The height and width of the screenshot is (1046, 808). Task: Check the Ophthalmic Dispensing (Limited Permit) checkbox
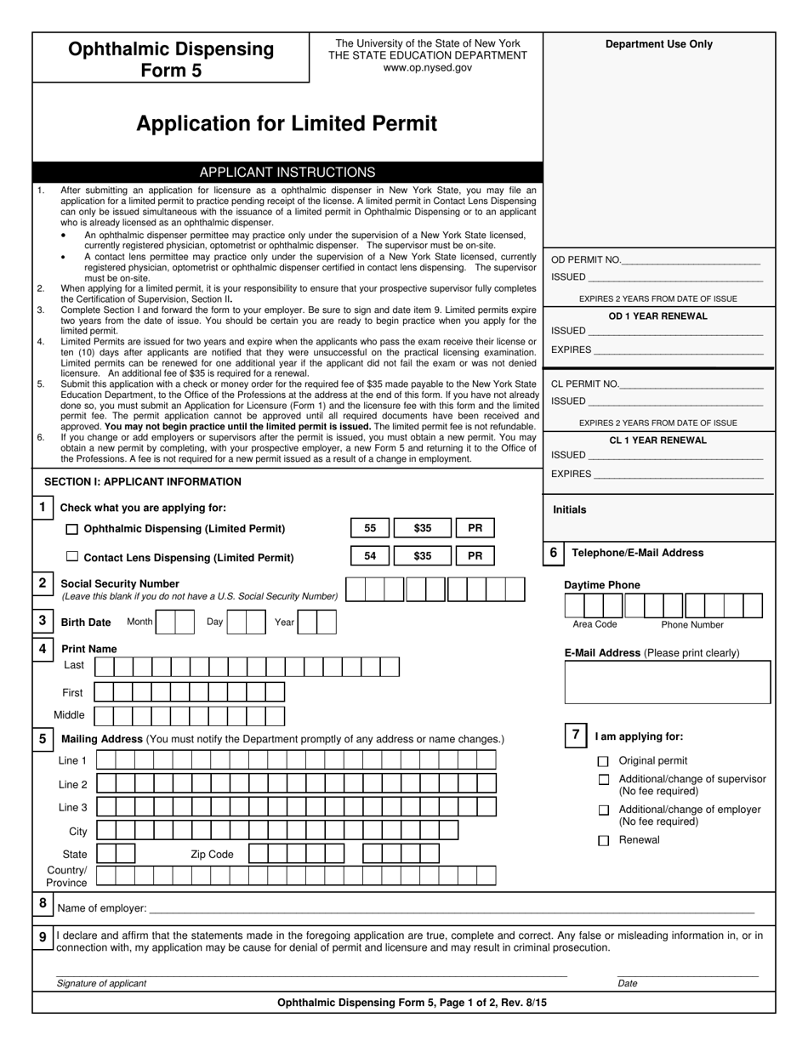point(72,529)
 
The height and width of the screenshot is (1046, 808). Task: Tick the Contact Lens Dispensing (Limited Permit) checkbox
point(72,557)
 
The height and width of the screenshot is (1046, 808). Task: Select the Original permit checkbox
point(603,761)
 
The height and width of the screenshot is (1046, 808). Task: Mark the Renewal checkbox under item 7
point(603,840)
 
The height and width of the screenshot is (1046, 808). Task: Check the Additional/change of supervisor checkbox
point(603,780)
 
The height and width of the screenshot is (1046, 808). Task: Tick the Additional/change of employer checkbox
point(603,810)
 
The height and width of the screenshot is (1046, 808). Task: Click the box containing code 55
point(370,528)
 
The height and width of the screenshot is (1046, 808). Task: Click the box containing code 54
point(370,556)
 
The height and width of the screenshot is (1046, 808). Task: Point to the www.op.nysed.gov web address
point(427,68)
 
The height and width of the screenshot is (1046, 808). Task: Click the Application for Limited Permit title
point(287,124)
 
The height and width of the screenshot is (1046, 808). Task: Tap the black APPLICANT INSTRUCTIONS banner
point(287,172)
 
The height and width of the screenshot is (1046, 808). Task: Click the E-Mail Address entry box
point(668,682)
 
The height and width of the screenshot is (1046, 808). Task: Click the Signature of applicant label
point(101,983)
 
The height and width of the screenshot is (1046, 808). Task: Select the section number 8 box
point(43,904)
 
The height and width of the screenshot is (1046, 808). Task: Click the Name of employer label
point(102,908)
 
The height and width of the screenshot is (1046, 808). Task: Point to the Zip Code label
point(211,854)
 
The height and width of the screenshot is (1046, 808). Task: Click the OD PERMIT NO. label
point(586,260)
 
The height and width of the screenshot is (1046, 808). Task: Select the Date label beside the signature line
point(628,983)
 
